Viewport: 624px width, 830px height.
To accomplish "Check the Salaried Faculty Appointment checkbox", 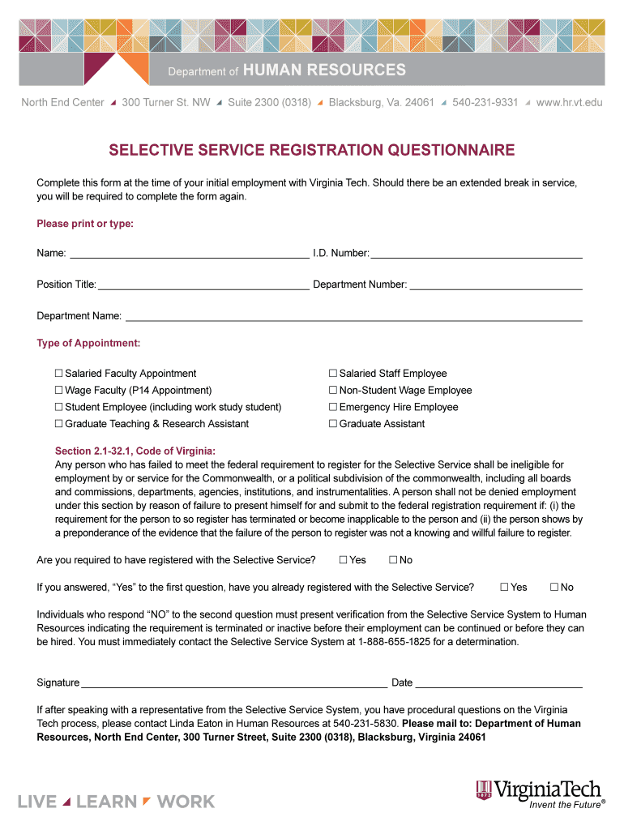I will point(58,374).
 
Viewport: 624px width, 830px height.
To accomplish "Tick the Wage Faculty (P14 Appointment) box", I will point(58,391).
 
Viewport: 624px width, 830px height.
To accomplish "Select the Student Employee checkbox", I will point(58,407).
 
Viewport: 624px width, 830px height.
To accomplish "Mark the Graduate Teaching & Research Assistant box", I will point(58,424).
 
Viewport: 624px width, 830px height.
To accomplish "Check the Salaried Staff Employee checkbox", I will point(332,374).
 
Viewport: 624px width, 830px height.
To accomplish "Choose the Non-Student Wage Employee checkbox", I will point(332,391).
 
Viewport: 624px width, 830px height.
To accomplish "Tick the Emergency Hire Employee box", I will point(332,407).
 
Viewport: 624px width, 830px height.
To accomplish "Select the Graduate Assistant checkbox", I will point(332,424).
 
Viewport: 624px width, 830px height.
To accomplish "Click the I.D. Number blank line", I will point(476,255).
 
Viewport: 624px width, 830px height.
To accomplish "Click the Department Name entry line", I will point(353,318).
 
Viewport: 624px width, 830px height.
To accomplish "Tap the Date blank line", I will point(498,685).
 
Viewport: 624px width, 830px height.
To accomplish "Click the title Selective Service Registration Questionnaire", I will point(312,151).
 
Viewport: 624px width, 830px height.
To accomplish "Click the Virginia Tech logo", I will point(539,792).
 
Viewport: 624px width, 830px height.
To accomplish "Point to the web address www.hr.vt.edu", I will point(569,103).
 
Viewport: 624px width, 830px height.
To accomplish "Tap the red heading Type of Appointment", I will point(88,344).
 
